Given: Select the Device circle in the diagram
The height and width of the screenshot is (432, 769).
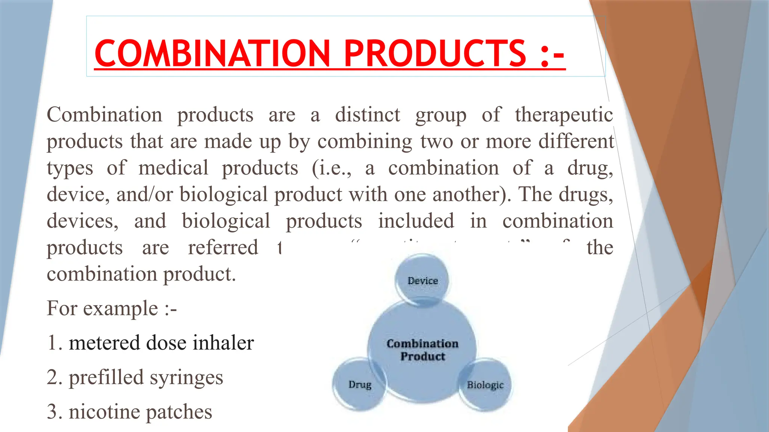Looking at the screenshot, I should click(423, 280).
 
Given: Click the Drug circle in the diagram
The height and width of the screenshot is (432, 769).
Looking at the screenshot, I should click(360, 384).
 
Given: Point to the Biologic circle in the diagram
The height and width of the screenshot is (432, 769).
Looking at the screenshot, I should click(485, 385).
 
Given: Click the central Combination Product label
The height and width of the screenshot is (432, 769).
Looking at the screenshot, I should click(423, 349).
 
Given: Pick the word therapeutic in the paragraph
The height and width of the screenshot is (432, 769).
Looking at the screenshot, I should click(564, 115).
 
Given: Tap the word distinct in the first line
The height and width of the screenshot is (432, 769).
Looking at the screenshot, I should click(368, 115).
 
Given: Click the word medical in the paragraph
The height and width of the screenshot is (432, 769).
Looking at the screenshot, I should click(173, 168).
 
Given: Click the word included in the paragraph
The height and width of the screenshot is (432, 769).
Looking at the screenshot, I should click(416, 221).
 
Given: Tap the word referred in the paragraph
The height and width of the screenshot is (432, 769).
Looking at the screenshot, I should click(223, 247).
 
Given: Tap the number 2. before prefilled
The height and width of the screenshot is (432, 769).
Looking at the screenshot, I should click(54, 378).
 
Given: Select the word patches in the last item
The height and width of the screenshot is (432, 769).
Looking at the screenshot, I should click(179, 412).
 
